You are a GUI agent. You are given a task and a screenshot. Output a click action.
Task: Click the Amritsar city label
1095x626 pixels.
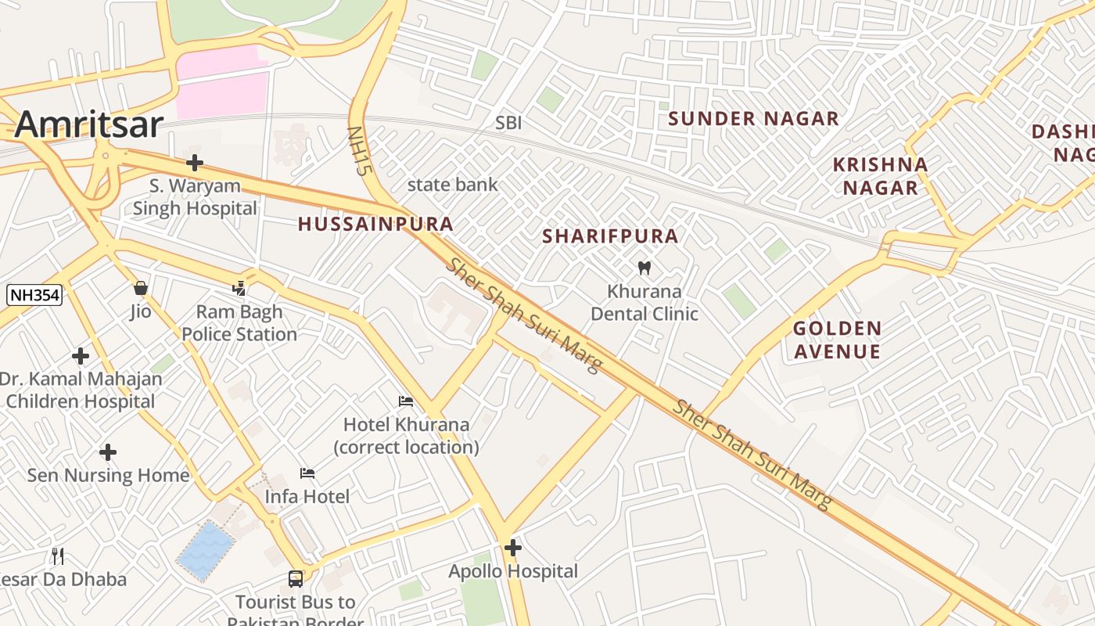pyautogui.click(x=88, y=125)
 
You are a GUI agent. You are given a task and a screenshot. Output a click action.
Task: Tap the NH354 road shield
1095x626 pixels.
pyautogui.click(x=34, y=295)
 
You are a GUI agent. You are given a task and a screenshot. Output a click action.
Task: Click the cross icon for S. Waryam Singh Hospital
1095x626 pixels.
pyautogui.click(x=195, y=163)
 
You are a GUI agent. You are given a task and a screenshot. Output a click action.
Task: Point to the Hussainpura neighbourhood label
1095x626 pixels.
pyautogui.click(x=375, y=224)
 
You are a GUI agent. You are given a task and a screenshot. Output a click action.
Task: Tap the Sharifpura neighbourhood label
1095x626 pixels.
pyautogui.click(x=611, y=236)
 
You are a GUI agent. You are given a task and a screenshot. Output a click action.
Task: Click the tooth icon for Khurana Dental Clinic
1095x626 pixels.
pyautogui.click(x=644, y=268)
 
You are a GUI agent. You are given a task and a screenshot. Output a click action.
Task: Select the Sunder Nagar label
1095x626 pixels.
pyautogui.click(x=753, y=119)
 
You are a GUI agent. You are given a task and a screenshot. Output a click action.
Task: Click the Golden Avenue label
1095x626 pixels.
pyautogui.click(x=837, y=340)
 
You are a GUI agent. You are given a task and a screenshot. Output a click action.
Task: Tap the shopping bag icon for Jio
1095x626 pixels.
pyautogui.click(x=141, y=288)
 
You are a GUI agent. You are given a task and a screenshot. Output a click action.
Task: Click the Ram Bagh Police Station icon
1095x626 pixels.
pyautogui.click(x=239, y=289)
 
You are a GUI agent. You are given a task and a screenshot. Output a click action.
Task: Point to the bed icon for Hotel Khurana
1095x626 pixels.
pyautogui.click(x=406, y=401)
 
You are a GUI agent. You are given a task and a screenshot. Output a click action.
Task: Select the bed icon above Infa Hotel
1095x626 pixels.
pyautogui.click(x=307, y=473)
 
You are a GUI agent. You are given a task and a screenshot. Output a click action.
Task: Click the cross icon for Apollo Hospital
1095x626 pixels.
pyautogui.click(x=513, y=548)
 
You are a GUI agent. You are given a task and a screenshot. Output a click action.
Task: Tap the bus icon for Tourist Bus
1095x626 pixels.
pyautogui.click(x=296, y=579)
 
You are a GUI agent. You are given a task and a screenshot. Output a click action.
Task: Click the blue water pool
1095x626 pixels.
pyautogui.click(x=206, y=551)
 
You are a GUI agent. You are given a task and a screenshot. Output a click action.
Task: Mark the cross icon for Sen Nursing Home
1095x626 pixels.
pyautogui.click(x=108, y=452)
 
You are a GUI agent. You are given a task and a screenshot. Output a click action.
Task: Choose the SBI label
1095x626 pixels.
pyautogui.click(x=508, y=123)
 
